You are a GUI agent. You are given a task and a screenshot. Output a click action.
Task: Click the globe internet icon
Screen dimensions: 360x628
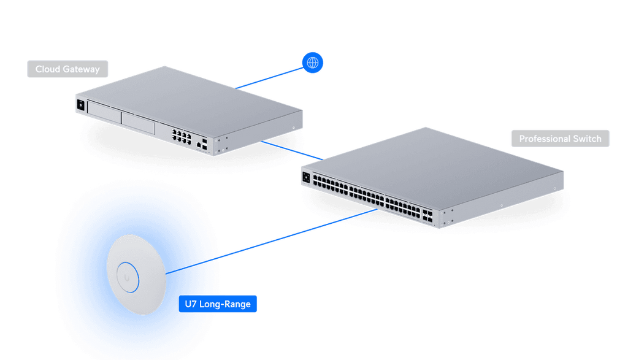(313, 62)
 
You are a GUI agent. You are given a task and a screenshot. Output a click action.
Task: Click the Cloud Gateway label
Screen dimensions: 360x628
(67, 69)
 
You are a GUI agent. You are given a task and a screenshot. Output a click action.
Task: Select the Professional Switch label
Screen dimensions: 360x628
(560, 139)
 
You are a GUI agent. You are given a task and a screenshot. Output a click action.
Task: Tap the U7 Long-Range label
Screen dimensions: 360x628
(218, 304)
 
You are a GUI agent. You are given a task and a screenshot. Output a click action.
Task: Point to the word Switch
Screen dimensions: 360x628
(587, 139)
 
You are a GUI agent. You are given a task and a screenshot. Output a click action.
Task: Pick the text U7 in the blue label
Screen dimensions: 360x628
(191, 304)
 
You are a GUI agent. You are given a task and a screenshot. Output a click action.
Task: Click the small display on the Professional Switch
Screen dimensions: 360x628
(306, 177)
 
